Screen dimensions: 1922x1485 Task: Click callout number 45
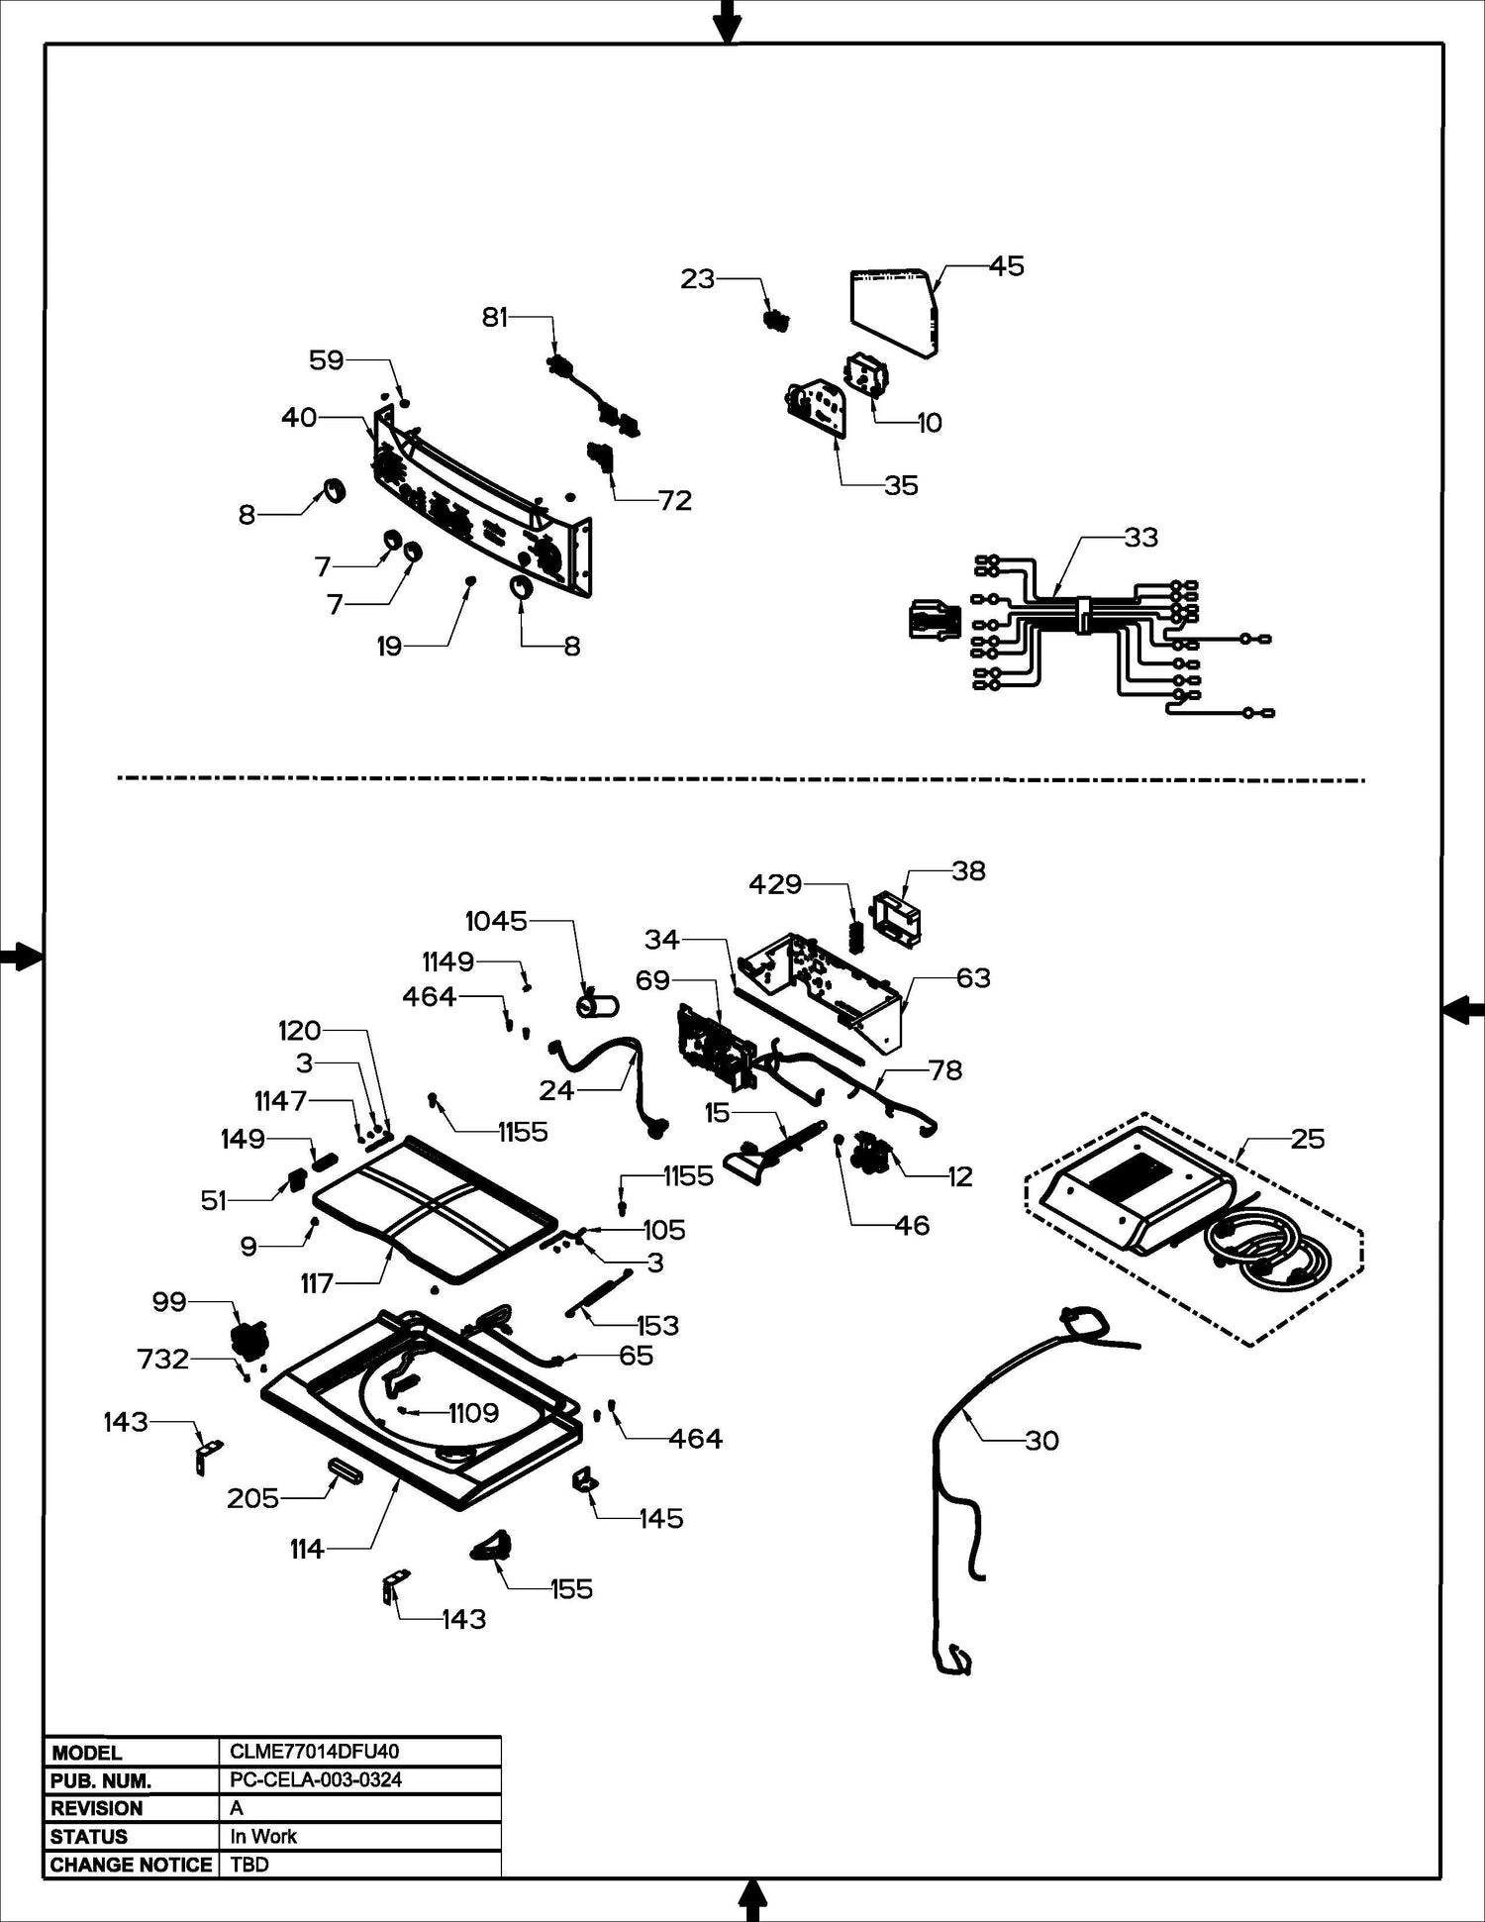pyautogui.click(x=1007, y=266)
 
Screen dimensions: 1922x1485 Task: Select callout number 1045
pyautogui.click(x=496, y=921)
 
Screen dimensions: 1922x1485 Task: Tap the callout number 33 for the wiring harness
pyautogui.click(x=1140, y=538)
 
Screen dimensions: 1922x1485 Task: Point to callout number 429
pyautogui.click(x=775, y=884)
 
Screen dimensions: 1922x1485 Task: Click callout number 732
pyautogui.click(x=163, y=1359)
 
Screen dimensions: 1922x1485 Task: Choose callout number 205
pyautogui.click(x=252, y=1498)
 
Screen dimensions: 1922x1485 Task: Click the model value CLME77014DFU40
pyautogui.click(x=314, y=1752)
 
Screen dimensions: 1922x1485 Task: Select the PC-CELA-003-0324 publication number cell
pyautogui.click(x=316, y=1779)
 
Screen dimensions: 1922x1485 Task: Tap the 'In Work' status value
pyautogui.click(x=263, y=1836)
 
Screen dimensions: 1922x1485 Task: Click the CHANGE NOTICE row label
pyautogui.click(x=131, y=1865)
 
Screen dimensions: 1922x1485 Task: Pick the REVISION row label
pyautogui.click(x=97, y=1808)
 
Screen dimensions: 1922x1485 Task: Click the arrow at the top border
pyautogui.click(x=728, y=20)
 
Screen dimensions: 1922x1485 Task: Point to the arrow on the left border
pyautogui.click(x=20, y=957)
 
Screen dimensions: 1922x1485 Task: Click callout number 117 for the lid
pyautogui.click(x=317, y=1284)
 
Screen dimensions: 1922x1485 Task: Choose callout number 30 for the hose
pyautogui.click(x=1041, y=1441)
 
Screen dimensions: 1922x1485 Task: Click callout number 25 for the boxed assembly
pyautogui.click(x=1307, y=1139)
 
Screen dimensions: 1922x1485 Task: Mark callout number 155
pyautogui.click(x=571, y=1589)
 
